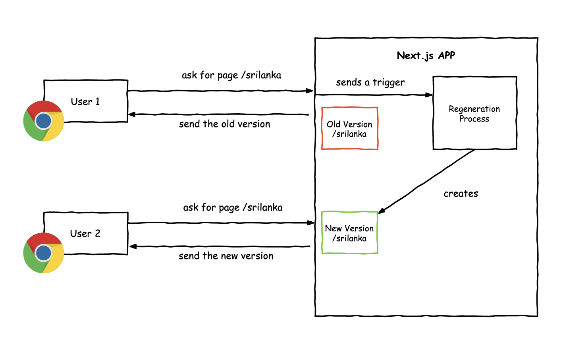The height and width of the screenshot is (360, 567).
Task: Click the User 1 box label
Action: tap(85, 102)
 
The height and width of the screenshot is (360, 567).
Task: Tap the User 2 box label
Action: tap(85, 234)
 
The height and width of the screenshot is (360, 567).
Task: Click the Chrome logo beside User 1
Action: tap(44, 121)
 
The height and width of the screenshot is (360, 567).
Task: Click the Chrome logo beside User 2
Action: tap(44, 253)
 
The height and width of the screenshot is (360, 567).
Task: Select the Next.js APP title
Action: tap(426, 56)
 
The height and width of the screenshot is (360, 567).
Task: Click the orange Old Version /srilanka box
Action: tap(349, 129)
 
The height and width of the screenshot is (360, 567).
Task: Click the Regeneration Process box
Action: tap(474, 114)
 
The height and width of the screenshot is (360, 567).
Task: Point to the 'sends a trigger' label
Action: tap(370, 82)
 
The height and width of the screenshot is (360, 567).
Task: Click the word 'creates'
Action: tap(461, 194)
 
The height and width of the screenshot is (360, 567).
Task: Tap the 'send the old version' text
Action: tap(224, 124)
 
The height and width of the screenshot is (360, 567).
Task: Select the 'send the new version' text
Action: tap(226, 256)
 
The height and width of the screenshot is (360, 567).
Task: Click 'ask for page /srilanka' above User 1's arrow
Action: tap(231, 75)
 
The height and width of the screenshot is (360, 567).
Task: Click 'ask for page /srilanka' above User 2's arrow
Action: tap(233, 207)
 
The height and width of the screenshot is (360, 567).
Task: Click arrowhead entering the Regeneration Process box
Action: tap(429, 95)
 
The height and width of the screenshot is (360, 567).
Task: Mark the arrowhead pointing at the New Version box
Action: tap(382, 211)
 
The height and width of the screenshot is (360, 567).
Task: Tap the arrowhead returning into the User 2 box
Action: tap(133, 247)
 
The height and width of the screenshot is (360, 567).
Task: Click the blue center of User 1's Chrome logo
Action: tap(43, 121)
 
